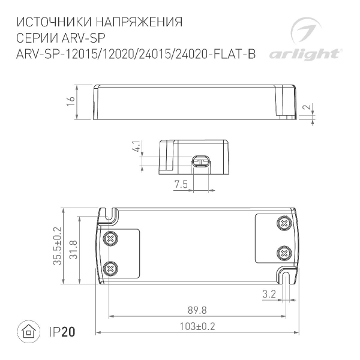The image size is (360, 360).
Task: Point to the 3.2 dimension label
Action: (x=269, y=295)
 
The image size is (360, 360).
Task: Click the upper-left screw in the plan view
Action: (x=110, y=238)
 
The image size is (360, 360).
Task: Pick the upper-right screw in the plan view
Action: (x=283, y=224)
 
